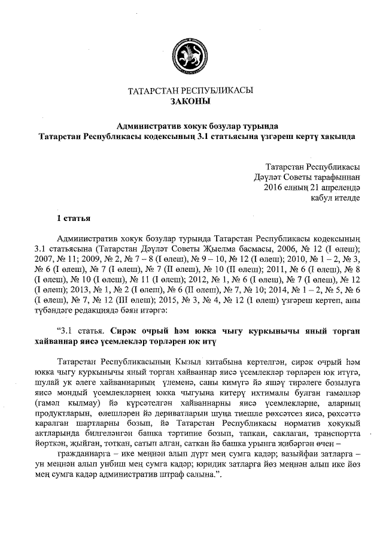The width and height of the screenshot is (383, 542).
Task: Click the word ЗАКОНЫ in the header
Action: [191, 102]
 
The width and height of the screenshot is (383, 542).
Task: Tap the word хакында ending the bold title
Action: [335, 137]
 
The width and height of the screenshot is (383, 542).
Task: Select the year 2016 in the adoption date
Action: [273, 187]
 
